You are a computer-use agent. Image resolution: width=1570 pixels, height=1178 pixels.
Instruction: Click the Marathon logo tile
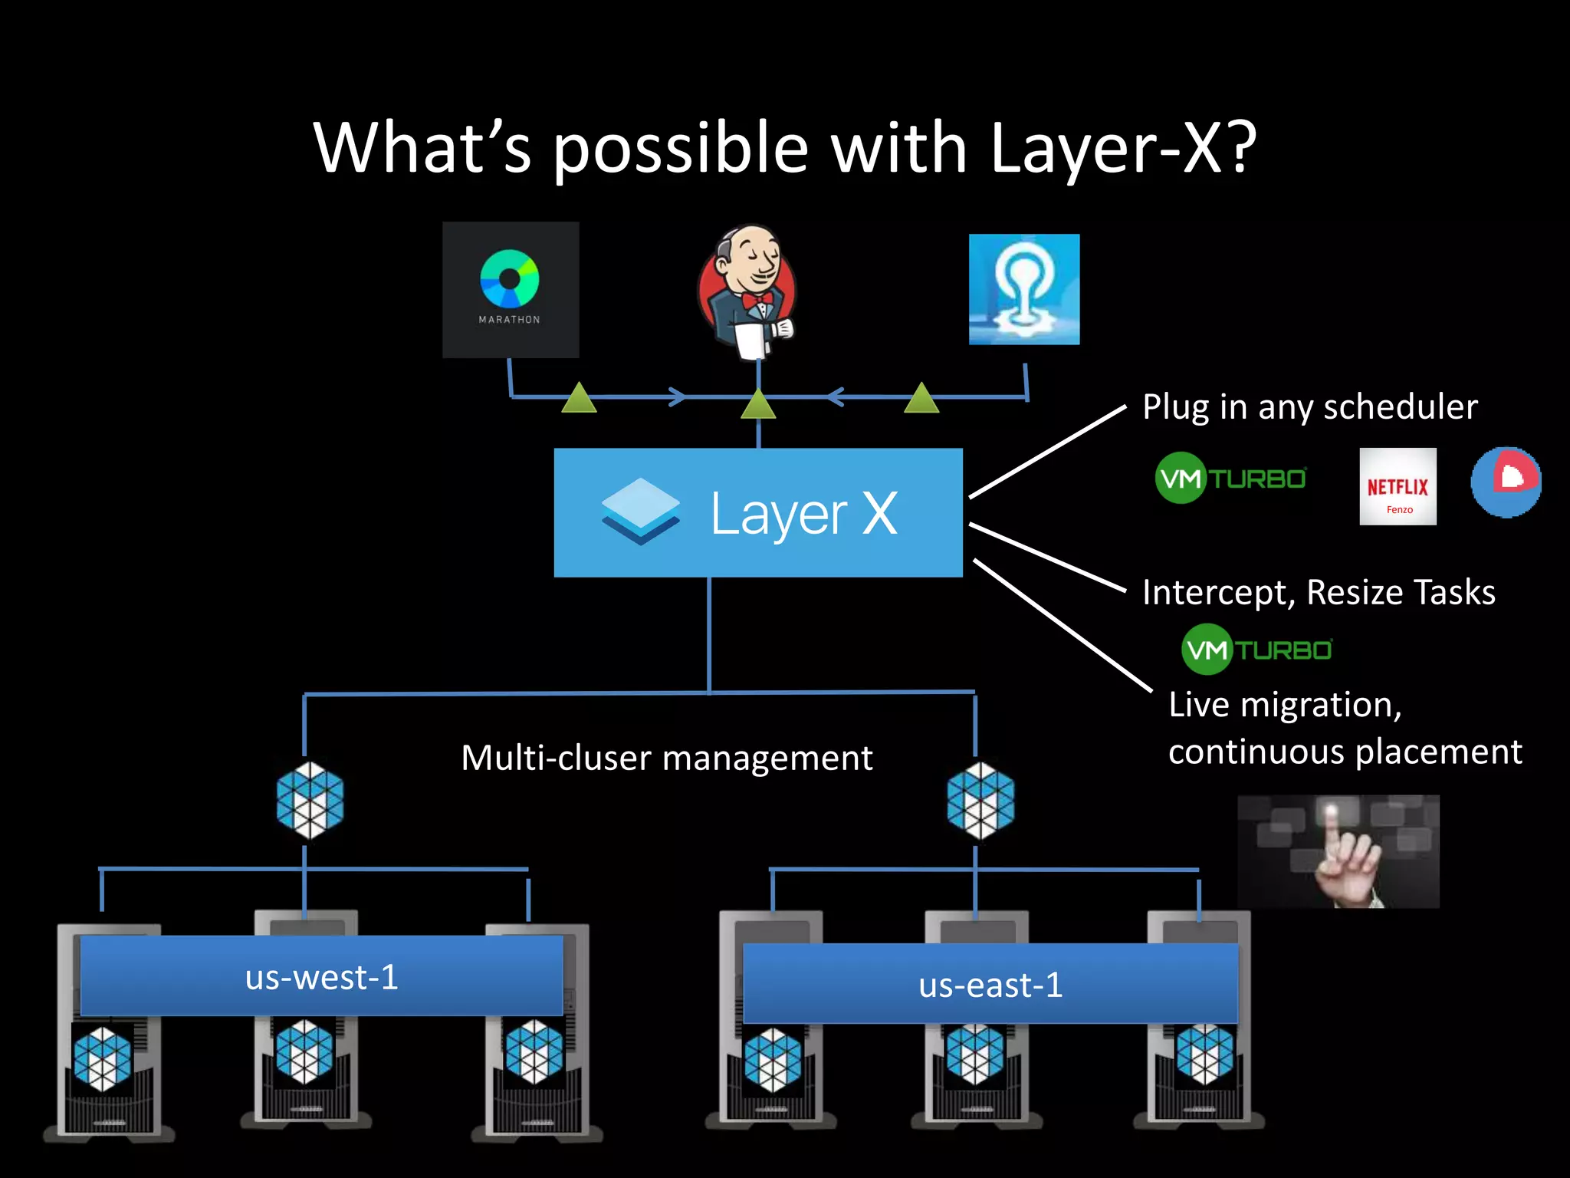pyautogui.click(x=511, y=290)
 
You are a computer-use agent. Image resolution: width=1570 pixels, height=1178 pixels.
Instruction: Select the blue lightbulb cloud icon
pyautogui.click(x=1024, y=289)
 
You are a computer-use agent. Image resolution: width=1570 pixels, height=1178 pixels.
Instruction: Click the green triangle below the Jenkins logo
pyautogui.click(x=758, y=404)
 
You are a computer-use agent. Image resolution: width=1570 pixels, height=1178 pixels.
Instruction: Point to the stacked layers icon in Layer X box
pyautogui.click(x=640, y=511)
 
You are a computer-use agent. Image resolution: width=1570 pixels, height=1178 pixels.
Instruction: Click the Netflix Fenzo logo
pyautogui.click(x=1398, y=486)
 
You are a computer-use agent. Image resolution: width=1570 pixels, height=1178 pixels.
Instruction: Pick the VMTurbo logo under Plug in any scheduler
pyautogui.click(x=1231, y=478)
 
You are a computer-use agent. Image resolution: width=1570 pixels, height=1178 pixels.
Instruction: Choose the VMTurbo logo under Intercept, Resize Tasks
pyautogui.click(x=1257, y=650)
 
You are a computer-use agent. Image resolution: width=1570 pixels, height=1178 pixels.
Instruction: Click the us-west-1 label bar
pyautogui.click(x=321, y=976)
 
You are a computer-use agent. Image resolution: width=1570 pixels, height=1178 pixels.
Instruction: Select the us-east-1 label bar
pyautogui.click(x=990, y=984)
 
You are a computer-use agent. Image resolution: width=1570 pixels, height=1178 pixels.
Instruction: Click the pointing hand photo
pyautogui.click(x=1338, y=851)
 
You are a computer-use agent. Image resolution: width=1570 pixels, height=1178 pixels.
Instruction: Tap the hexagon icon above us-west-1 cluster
pyautogui.click(x=310, y=800)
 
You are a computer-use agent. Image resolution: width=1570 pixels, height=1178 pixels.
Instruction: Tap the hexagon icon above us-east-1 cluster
pyautogui.click(x=980, y=800)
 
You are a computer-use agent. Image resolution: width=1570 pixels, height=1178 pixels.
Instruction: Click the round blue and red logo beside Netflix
pyautogui.click(x=1506, y=482)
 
